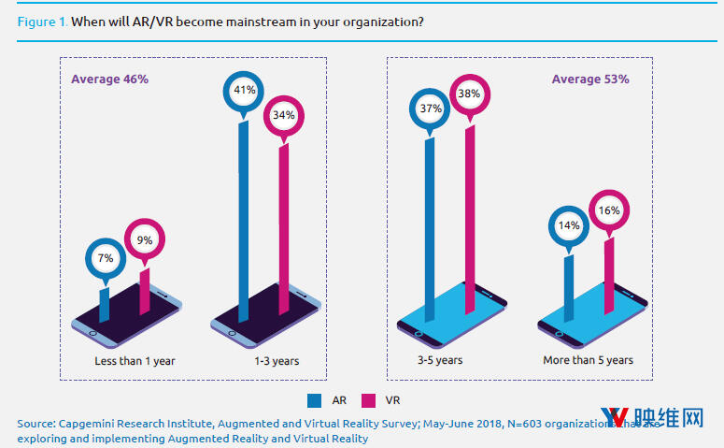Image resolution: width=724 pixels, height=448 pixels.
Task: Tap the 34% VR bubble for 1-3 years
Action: tap(284, 115)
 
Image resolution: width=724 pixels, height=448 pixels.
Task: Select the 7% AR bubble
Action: tap(105, 257)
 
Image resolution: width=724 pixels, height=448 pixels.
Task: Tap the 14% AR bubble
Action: tap(569, 225)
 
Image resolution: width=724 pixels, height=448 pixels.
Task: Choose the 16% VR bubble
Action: tap(609, 210)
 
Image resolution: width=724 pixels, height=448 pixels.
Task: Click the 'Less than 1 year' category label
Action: tap(135, 360)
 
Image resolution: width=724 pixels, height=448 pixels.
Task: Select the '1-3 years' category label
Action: tap(277, 360)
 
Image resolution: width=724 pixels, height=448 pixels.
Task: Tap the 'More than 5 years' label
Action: tap(588, 360)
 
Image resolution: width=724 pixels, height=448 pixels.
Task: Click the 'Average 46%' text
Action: tap(110, 79)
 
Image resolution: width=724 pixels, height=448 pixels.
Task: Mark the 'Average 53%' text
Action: tap(589, 79)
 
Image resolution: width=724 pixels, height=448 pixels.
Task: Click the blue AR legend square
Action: tap(314, 400)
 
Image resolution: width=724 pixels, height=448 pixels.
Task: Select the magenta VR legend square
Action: tap(369, 400)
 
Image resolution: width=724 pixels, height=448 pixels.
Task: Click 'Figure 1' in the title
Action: tap(42, 21)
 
